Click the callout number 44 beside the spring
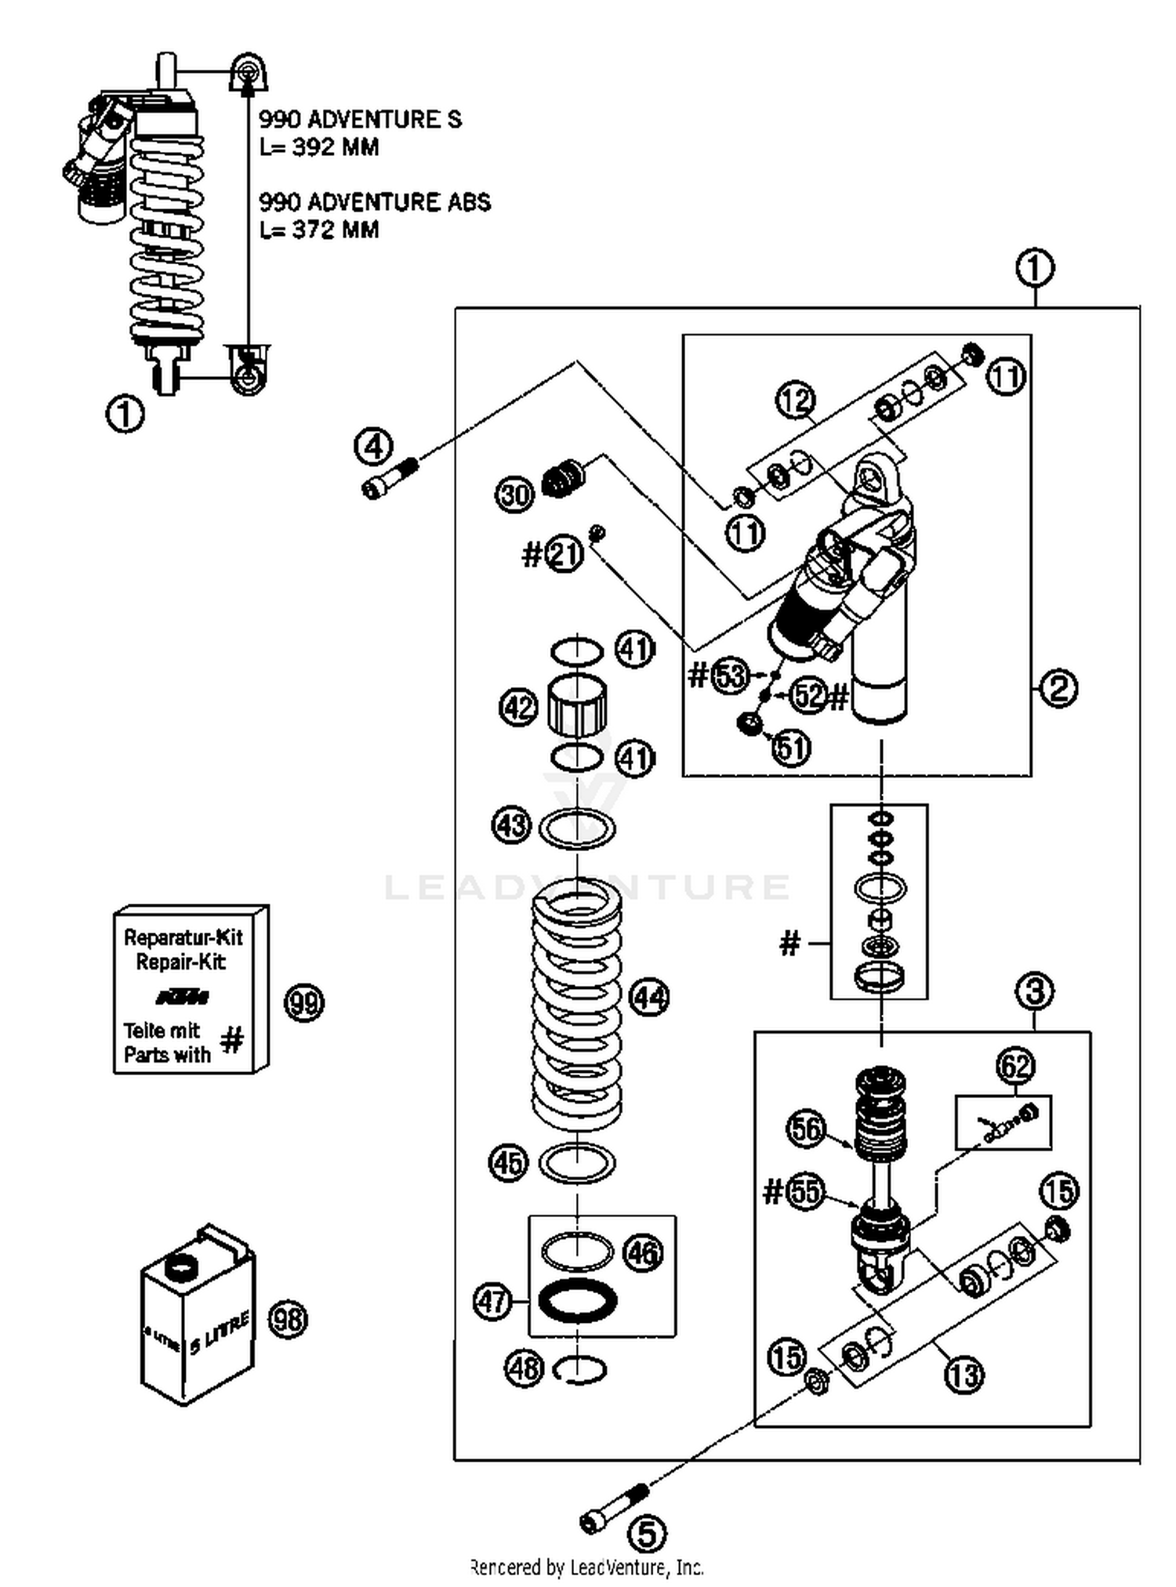pos(650,998)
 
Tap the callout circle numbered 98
pos(289,1319)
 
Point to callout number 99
pos(304,1002)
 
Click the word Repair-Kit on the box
pos(181,962)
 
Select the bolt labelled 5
pos(614,1509)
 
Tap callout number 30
pos(514,495)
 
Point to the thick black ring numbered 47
pos(578,1302)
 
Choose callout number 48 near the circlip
pos(524,1369)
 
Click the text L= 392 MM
pos(319,147)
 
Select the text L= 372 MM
pos(319,230)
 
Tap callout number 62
pos(1015,1066)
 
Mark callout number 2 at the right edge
pos(1058,689)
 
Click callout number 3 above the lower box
pos(1034,991)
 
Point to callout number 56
pos(807,1129)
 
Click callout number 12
pos(796,400)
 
